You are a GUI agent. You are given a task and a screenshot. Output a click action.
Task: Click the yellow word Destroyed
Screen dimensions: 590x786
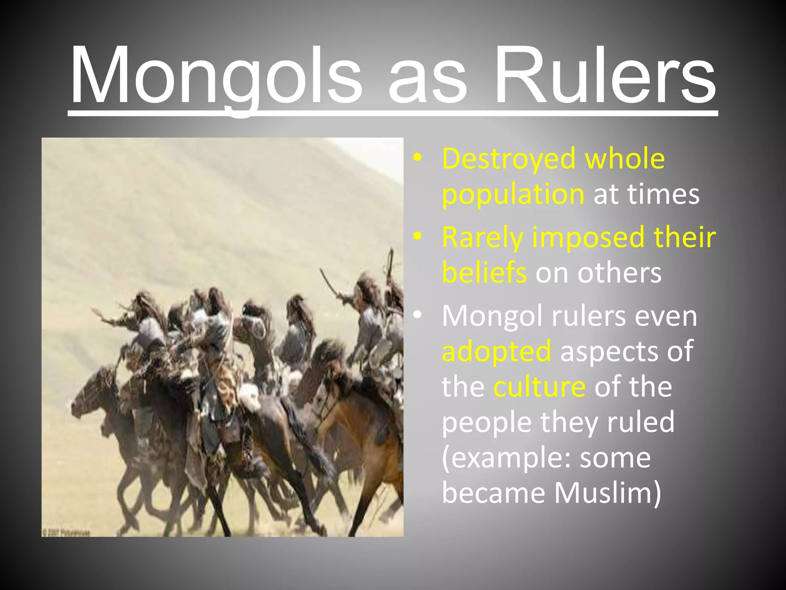click(x=509, y=158)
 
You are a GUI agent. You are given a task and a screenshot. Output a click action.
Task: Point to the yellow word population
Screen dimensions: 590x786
click(x=513, y=194)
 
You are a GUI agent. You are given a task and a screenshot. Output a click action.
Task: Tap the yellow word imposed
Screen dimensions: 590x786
click(x=588, y=237)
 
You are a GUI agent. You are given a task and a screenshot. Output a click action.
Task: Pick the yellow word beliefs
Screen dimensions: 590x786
click(x=484, y=272)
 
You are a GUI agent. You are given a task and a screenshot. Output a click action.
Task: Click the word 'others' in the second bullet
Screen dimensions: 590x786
click(x=619, y=272)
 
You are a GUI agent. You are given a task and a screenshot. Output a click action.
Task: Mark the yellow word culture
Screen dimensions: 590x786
click(x=539, y=386)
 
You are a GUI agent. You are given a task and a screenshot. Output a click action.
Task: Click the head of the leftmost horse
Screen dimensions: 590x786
click(x=83, y=399)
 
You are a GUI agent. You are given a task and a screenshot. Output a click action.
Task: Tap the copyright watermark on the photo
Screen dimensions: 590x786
click(x=65, y=533)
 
